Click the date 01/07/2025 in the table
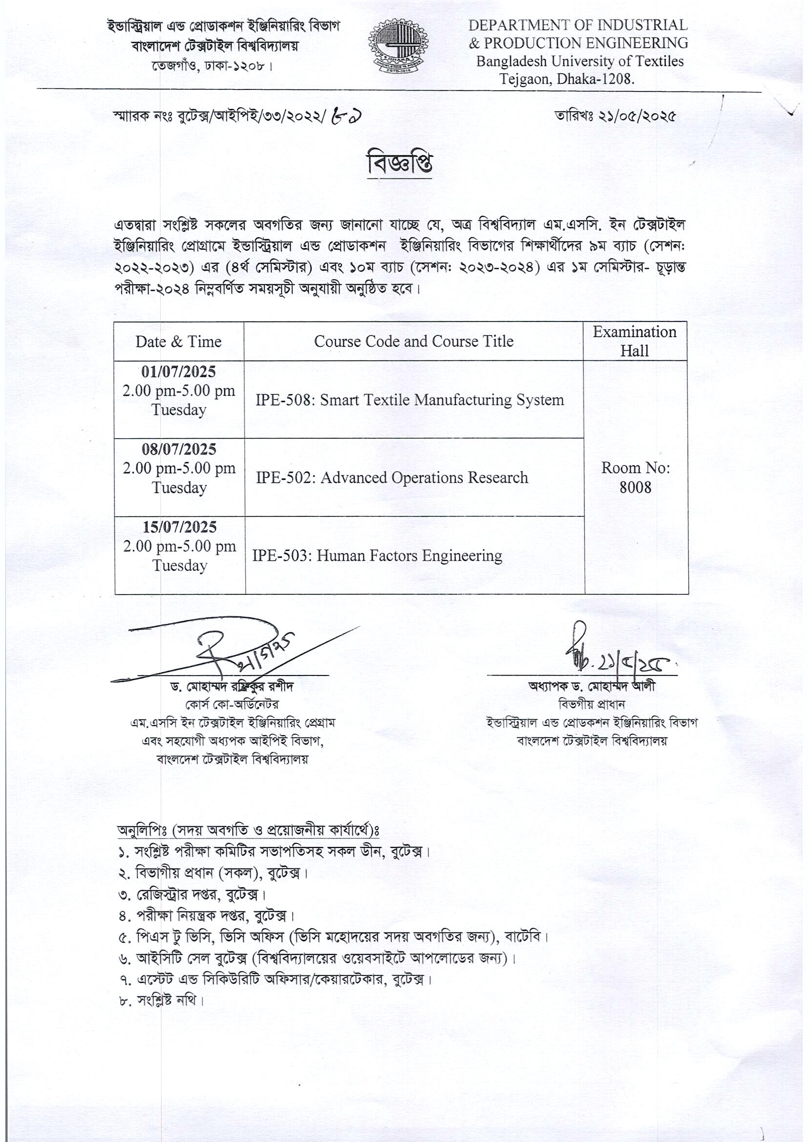[179, 372]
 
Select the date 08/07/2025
[179, 450]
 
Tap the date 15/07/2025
[180, 527]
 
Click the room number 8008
[636, 487]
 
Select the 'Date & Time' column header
[178, 342]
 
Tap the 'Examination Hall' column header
[635, 341]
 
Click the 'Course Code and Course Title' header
[413, 341]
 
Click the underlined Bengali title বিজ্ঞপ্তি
[400, 164]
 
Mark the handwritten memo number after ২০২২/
[347, 116]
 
